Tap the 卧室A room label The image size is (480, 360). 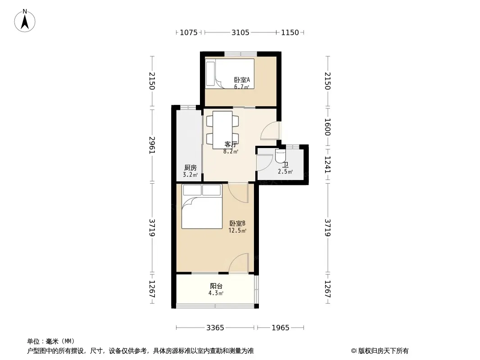242,80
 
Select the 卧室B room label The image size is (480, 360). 237,224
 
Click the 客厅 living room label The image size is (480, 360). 231,144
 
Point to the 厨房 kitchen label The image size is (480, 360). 190,167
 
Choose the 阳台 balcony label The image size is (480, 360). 216,286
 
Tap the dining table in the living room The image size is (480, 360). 222,130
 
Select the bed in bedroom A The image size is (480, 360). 230,74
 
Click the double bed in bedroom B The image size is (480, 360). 202,207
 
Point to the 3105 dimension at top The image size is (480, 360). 240,32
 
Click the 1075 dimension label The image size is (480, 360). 189,32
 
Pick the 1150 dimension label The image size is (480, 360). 290,32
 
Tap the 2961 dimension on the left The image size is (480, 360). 152,145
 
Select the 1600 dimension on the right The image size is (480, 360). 327,127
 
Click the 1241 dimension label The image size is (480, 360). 327,165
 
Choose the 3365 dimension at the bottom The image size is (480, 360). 215,328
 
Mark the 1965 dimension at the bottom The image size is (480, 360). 281,328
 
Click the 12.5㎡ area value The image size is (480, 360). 238,230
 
